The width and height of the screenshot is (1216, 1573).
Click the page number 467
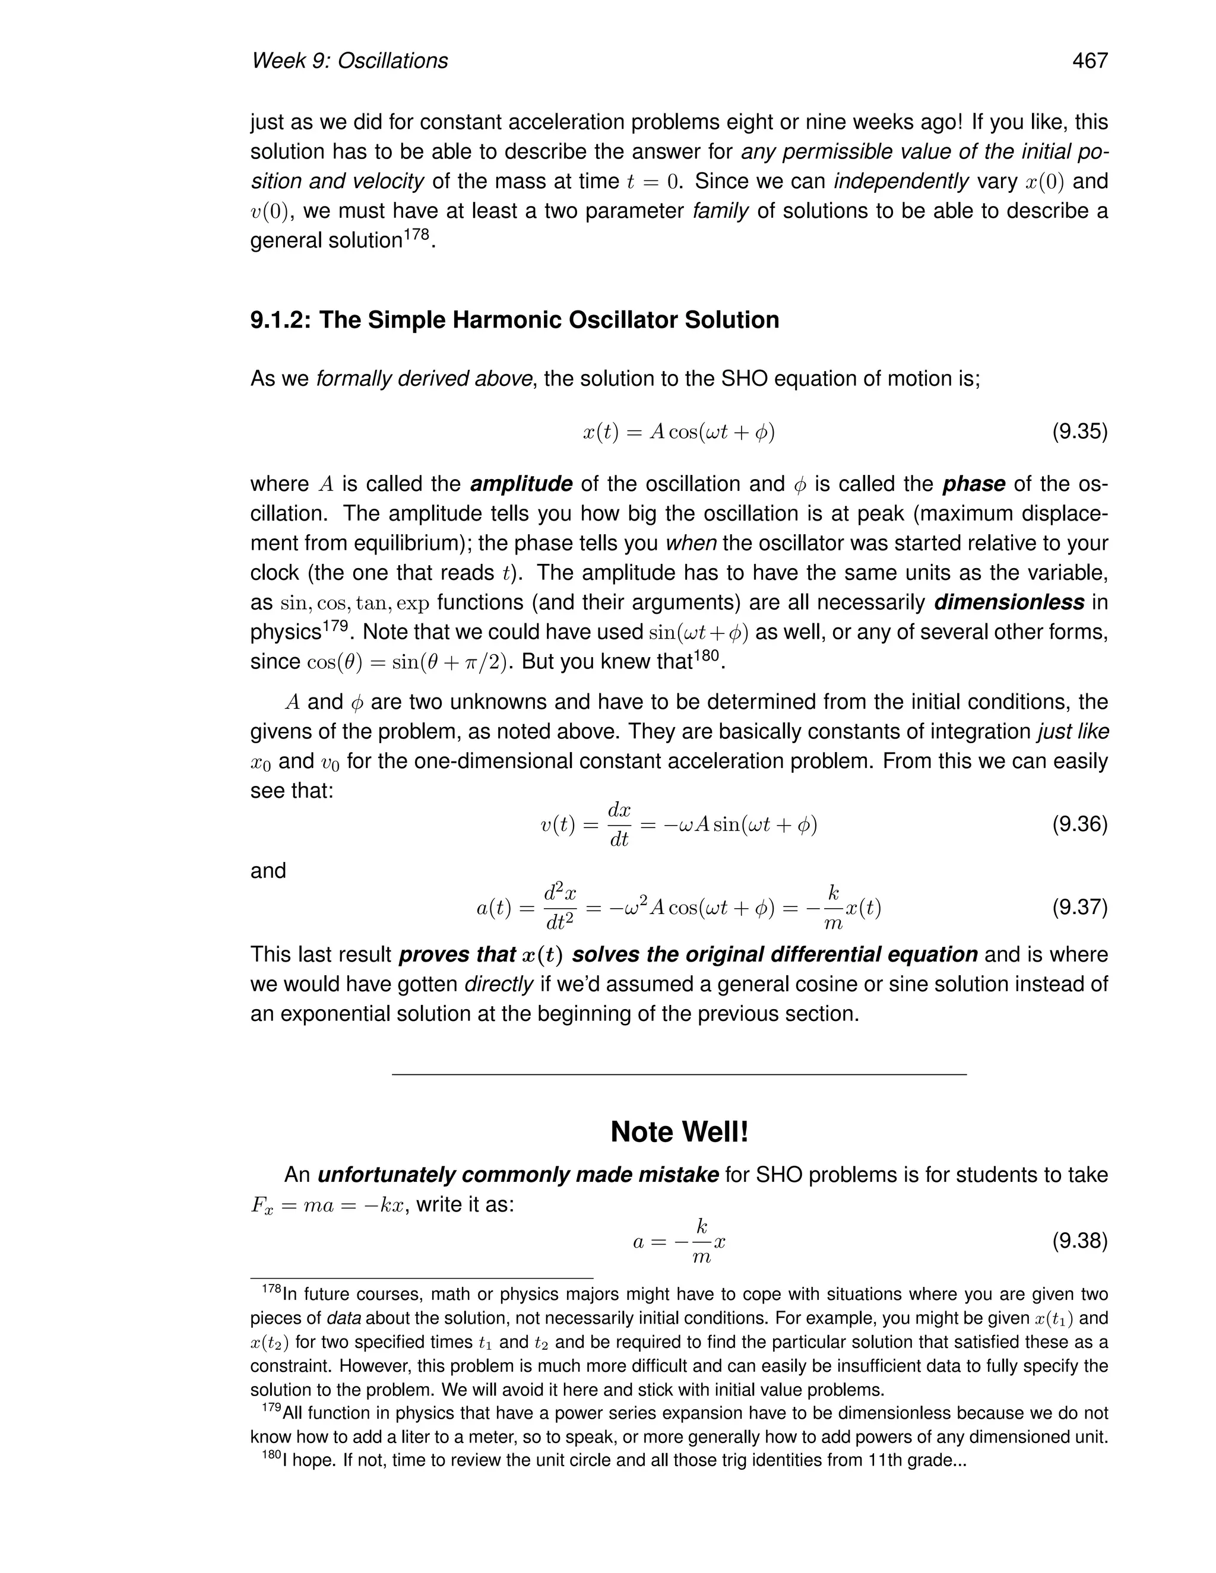pyautogui.click(x=1089, y=61)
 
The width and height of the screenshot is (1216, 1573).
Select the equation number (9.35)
pyautogui.click(x=1079, y=432)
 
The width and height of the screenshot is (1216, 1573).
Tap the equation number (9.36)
pyautogui.click(x=1079, y=824)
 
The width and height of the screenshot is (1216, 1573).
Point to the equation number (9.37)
pyautogui.click(x=1079, y=907)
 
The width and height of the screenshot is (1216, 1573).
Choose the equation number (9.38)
pyautogui.click(x=1079, y=1241)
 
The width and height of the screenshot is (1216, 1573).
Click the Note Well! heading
pyautogui.click(x=679, y=1132)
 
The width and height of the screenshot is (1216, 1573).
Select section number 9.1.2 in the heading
pyautogui.click(x=280, y=320)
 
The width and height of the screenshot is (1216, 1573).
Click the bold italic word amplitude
pyautogui.click(x=521, y=484)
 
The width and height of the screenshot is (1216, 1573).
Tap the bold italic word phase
pyautogui.click(x=973, y=484)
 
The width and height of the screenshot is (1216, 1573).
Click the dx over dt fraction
pyautogui.click(x=619, y=824)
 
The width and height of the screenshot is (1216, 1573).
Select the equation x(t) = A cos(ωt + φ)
pyautogui.click(x=679, y=432)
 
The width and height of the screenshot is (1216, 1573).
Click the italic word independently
pyautogui.click(x=901, y=182)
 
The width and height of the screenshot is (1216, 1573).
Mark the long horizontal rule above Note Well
pyautogui.click(x=679, y=1074)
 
